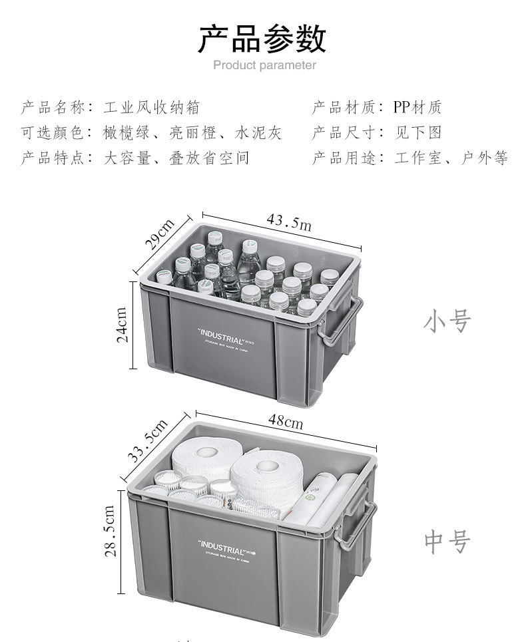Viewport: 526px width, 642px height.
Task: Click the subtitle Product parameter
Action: pyautogui.click(x=264, y=65)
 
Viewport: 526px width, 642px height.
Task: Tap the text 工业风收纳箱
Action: pyautogui.click(x=152, y=107)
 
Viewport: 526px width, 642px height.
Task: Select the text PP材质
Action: pyautogui.click(x=417, y=107)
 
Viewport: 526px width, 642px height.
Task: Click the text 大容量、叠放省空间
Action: pyautogui.click(x=177, y=158)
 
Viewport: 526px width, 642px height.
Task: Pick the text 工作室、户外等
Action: pyautogui.click(x=451, y=158)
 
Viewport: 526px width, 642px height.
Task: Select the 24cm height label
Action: pyautogui.click(x=123, y=324)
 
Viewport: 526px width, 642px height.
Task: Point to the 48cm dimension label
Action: pyautogui.click(x=285, y=421)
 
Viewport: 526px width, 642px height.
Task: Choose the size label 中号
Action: pyautogui.click(x=447, y=542)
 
